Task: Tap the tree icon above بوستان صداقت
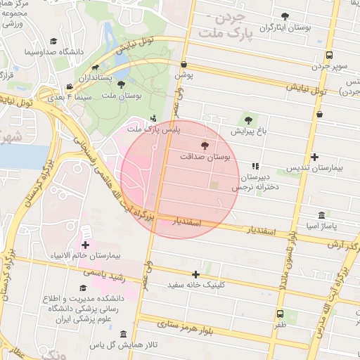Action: (205, 146)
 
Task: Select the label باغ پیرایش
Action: (247, 131)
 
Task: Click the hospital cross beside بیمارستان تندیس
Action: (314, 157)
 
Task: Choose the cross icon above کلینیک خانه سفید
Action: (195, 274)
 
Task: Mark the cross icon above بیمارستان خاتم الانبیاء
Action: (85, 245)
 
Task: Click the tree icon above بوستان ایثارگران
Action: (285, 15)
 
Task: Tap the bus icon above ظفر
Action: (280, 314)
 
